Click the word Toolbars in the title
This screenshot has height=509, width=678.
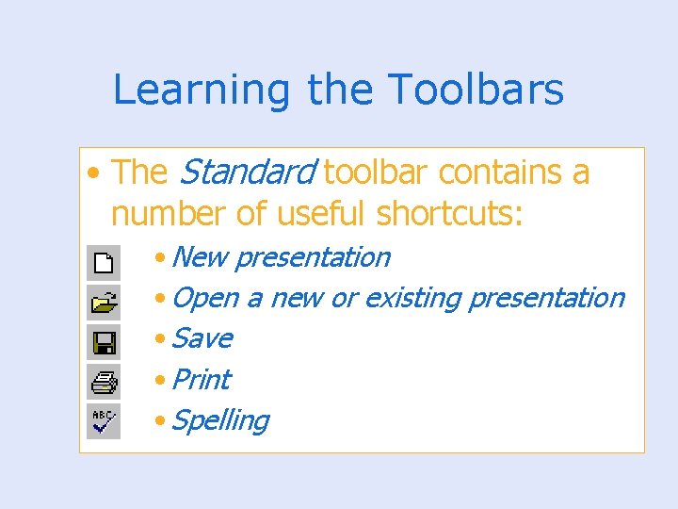[476, 90]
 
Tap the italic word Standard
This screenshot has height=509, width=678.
[247, 172]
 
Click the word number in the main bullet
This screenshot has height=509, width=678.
[169, 214]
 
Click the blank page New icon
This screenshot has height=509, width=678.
[104, 261]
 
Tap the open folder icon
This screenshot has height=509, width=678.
[104, 302]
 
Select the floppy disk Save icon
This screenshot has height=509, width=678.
[104, 341]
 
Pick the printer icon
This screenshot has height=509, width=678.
[104, 382]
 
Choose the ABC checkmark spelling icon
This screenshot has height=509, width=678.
[104, 421]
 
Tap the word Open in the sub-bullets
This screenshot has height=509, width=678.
[205, 299]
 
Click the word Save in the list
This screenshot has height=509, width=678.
[202, 338]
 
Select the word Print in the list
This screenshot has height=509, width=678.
[202, 380]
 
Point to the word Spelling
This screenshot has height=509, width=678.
[220, 421]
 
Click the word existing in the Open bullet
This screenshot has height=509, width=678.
[412, 299]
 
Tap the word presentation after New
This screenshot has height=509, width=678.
[312, 257]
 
